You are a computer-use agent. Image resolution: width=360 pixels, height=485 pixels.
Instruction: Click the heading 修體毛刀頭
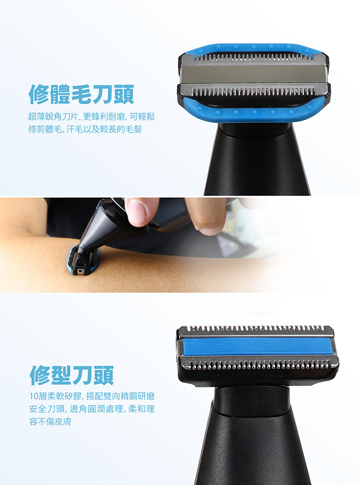coord(81,94)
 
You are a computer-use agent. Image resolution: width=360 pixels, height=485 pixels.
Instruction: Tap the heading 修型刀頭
coord(72,375)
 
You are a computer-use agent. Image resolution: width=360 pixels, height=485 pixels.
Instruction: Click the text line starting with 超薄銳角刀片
coord(91,117)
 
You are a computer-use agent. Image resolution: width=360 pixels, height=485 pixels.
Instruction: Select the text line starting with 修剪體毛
coord(85,129)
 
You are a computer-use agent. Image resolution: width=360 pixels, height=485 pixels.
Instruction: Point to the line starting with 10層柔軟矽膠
coord(92,396)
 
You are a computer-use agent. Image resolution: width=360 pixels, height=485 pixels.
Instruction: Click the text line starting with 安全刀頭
coord(92,409)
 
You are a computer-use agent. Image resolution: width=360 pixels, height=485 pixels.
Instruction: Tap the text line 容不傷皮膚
coord(50,421)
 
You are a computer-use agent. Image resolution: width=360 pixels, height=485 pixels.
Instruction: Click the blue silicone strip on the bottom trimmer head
coord(257,346)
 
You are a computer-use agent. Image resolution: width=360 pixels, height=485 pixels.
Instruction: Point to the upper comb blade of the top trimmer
coord(253,58)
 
